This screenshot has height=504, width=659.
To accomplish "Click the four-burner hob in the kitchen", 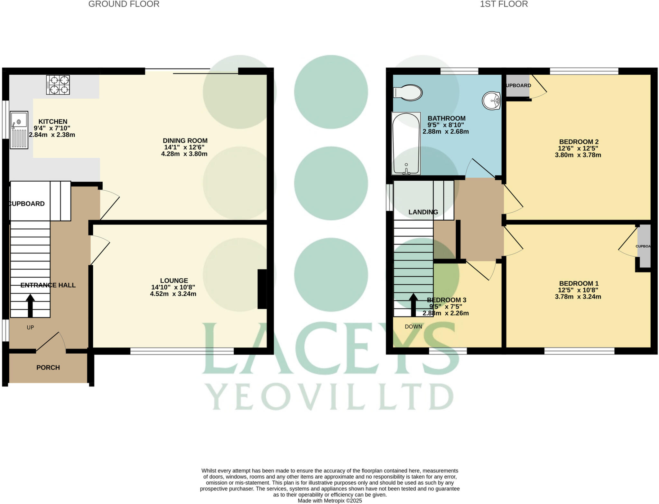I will point(58,85).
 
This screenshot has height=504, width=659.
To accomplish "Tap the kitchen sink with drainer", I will point(19,130).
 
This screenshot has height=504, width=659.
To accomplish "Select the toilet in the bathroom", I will point(408,93).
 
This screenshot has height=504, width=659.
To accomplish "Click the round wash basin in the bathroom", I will point(491,101).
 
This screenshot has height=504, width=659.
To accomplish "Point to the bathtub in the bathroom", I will point(406,143).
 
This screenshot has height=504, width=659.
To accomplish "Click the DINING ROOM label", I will point(185,141).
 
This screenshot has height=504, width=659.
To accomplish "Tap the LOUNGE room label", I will point(174,281).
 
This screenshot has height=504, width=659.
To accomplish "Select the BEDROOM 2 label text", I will point(579,142).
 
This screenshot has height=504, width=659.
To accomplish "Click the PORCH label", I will point(48,367).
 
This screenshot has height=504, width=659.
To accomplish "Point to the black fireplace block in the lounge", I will point(262,289).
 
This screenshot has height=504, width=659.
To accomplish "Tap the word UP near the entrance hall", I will point(30,328).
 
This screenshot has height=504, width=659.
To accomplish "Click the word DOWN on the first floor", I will point(413,327).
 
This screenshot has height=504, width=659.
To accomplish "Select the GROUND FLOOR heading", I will point(124,4).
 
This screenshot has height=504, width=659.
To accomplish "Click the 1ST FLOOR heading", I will point(504,4).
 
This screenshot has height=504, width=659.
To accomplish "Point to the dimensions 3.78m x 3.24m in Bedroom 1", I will point(578,297).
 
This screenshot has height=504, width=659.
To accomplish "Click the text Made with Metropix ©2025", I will point(329,500).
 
